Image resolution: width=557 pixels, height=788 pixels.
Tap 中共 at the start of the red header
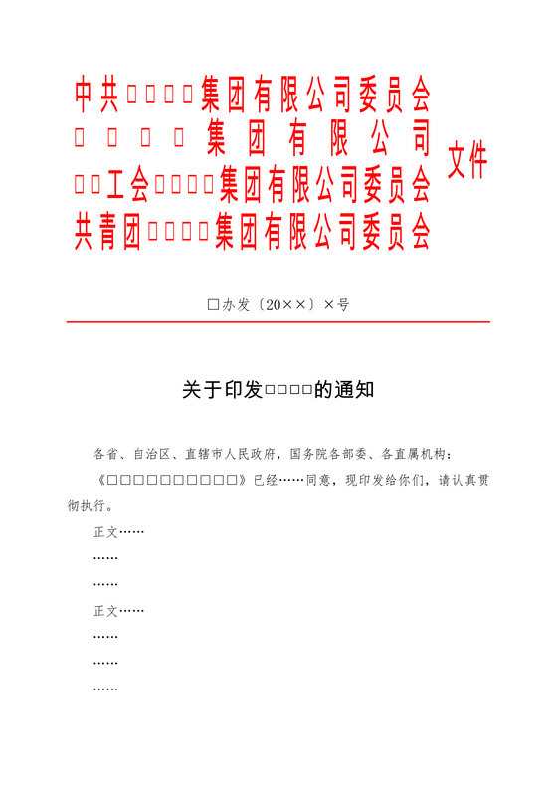click(97, 95)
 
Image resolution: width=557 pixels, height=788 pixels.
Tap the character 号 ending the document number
click(343, 305)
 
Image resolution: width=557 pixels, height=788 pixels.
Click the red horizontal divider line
click(278, 322)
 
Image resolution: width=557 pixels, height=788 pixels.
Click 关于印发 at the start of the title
click(222, 390)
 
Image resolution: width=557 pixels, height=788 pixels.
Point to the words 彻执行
click(88, 505)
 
